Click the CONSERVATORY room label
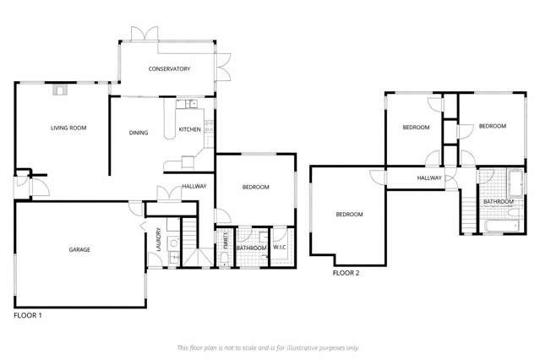point(169,69)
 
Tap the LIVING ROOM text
point(68,128)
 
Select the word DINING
point(139,133)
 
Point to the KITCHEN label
point(189,129)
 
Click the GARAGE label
point(79,249)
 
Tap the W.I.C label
point(281,248)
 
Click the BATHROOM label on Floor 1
point(251,248)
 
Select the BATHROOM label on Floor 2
point(498,202)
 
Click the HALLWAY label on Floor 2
point(429,178)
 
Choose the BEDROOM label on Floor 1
point(255,187)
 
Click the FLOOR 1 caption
point(28,314)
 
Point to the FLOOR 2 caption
point(346,273)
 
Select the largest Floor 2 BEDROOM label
point(349,215)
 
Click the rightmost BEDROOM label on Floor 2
point(492,126)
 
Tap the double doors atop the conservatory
point(140,34)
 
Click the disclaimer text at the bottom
point(268,347)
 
